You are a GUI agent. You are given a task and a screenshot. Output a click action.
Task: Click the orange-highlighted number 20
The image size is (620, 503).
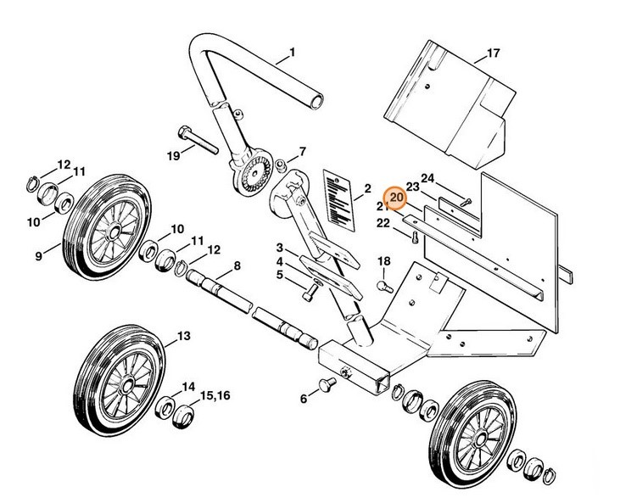coord(395,198)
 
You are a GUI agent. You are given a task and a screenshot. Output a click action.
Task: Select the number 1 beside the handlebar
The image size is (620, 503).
coord(292,53)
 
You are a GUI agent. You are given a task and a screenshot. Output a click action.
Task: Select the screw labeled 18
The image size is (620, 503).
coord(383,286)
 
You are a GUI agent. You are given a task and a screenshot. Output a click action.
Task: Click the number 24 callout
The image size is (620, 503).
coord(428,179)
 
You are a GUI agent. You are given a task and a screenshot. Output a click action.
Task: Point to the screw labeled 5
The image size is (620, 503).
coord(310,292)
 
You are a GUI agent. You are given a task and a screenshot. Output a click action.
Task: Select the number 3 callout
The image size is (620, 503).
coord(279,247)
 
